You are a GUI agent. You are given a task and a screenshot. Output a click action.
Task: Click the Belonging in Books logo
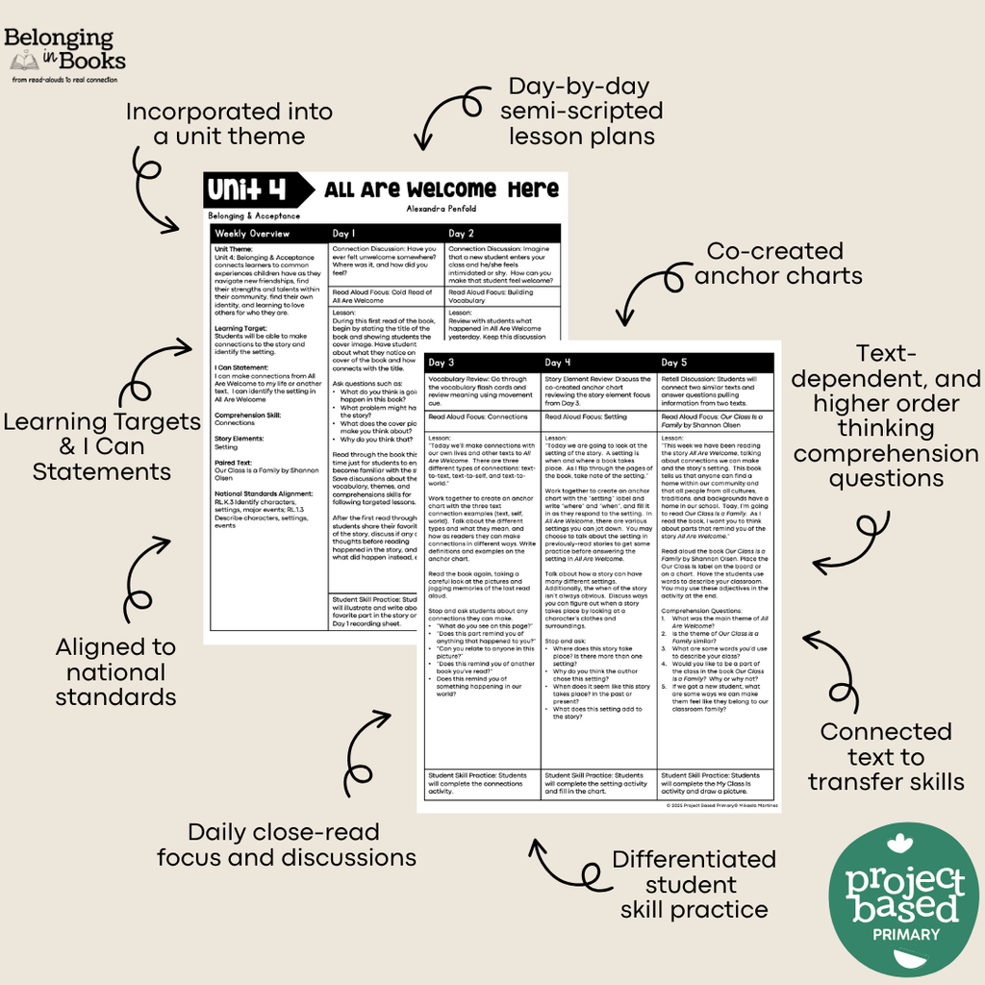[x=65, y=55]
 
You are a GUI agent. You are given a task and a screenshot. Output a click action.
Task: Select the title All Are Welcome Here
[x=441, y=189]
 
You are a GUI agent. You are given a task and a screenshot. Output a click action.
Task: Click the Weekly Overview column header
[x=252, y=234]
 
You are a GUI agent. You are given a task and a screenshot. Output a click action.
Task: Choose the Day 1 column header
[x=344, y=234]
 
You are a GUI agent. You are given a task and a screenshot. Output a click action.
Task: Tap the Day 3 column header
[x=443, y=363]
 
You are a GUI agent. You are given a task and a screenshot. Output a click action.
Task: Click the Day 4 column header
[x=559, y=363]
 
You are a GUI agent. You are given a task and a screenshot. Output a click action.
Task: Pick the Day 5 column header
[x=675, y=363]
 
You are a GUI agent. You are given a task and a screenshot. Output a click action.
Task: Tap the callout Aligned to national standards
[x=115, y=671]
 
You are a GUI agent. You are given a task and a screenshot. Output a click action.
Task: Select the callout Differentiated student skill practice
[x=694, y=884]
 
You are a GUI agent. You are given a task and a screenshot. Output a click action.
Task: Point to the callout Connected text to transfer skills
[x=885, y=756]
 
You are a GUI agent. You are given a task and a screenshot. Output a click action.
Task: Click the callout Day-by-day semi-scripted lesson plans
[x=581, y=111]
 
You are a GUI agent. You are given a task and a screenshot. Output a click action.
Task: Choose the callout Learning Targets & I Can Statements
[x=102, y=446]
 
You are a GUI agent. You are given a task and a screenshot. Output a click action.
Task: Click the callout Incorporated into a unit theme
[x=229, y=124]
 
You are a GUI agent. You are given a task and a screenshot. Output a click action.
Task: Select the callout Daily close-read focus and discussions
[x=287, y=845]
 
